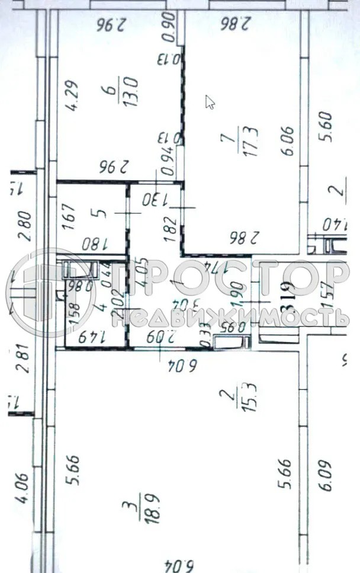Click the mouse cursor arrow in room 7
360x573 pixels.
tap(210, 102)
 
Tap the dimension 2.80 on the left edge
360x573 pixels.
tap(23, 225)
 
